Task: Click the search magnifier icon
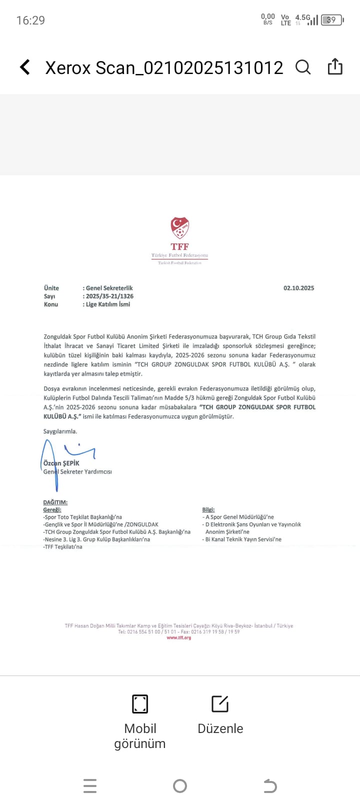(x=303, y=67)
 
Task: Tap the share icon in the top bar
(x=335, y=66)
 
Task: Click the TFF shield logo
(x=179, y=228)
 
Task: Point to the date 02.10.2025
(x=298, y=288)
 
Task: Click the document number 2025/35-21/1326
(x=109, y=296)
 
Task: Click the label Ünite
(x=51, y=288)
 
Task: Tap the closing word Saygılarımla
(x=60, y=431)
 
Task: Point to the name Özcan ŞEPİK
(x=61, y=463)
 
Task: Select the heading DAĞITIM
(x=55, y=502)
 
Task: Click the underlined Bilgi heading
(x=208, y=509)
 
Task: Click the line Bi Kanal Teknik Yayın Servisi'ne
(x=243, y=539)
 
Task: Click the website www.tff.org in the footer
(x=179, y=637)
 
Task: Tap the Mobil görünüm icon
(x=140, y=703)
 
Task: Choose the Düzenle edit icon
(x=220, y=703)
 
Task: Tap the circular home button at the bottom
(x=180, y=786)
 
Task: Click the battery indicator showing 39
(x=332, y=20)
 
